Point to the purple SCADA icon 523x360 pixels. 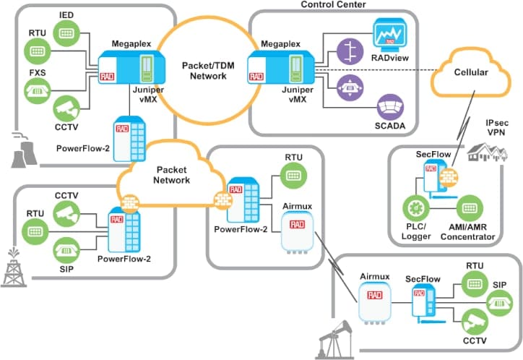[391, 107]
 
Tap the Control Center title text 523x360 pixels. [332, 5]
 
